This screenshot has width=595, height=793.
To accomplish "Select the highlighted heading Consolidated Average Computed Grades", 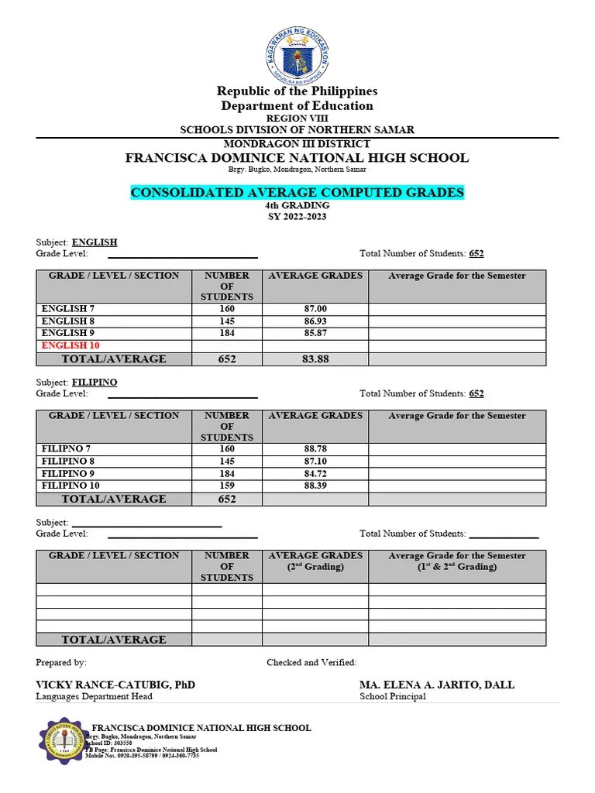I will click(x=297, y=192).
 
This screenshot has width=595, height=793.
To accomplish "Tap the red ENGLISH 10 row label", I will click(x=71, y=345).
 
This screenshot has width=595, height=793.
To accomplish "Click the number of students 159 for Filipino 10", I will click(x=226, y=486).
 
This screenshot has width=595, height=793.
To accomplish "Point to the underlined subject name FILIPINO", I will click(x=95, y=383).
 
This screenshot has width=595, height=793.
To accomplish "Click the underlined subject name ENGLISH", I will click(x=95, y=242).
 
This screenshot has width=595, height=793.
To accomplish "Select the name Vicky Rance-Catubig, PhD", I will click(x=115, y=685).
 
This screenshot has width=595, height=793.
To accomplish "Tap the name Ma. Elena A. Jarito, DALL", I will click(x=437, y=685).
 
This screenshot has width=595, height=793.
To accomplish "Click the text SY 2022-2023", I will click(x=297, y=217).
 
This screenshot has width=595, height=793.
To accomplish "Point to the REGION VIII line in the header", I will click(x=297, y=118).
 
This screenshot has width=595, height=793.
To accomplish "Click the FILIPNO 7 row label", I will click(x=68, y=449).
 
